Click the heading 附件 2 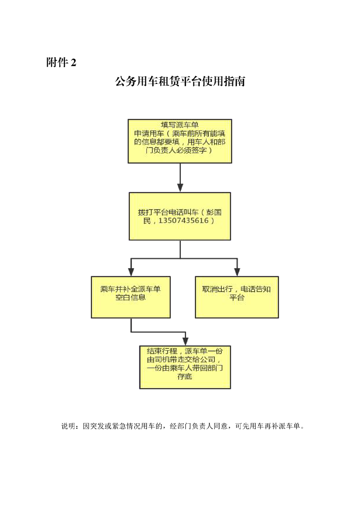pyautogui.click(x=61, y=62)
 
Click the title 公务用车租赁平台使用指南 pyautogui.click(x=180, y=81)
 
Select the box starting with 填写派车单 pyautogui.click(x=180, y=141)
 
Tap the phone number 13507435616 pyautogui.click(x=183, y=221)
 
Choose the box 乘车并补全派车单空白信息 pyautogui.click(x=131, y=297)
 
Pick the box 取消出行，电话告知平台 pyautogui.click(x=237, y=297)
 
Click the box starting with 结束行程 pyautogui.click(x=185, y=367)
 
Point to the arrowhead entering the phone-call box pyautogui.click(x=180, y=188)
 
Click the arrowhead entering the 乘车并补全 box pyautogui.click(x=131, y=272)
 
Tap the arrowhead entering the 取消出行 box pyautogui.click(x=237, y=272)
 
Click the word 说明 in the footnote pyautogui.click(x=68, y=426)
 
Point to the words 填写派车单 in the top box pyautogui.click(x=180, y=125)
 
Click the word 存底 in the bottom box pyautogui.click(x=185, y=377)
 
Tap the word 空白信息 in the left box pyautogui.click(x=131, y=297)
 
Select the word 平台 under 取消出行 pyautogui.click(x=237, y=297)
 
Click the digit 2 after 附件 pyautogui.click(x=74, y=62)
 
